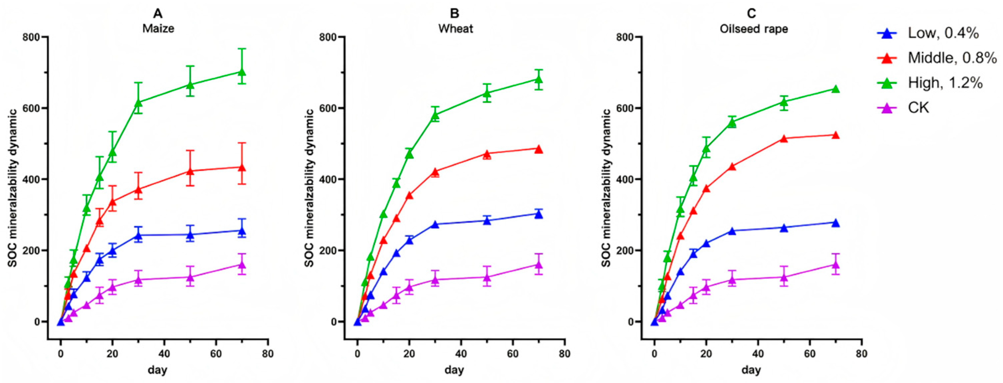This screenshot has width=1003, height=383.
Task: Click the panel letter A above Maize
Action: click(x=158, y=14)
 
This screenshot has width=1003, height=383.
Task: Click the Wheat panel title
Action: click(x=455, y=29)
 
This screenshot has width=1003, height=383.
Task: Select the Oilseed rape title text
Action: click(x=753, y=29)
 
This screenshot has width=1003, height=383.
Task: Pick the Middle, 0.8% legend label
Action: click(x=952, y=58)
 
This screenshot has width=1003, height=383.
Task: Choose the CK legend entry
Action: click(x=919, y=107)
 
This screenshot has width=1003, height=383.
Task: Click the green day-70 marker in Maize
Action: click(x=242, y=72)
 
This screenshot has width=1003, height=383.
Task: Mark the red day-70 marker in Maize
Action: click(x=242, y=167)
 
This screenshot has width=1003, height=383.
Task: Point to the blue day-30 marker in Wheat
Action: click(x=435, y=224)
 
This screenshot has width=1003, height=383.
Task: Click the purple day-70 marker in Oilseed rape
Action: click(x=835, y=265)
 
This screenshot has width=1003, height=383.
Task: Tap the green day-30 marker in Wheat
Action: click(x=435, y=115)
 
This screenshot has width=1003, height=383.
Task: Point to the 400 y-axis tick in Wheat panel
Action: click(x=331, y=179)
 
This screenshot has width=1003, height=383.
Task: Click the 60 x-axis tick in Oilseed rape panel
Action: click(x=810, y=354)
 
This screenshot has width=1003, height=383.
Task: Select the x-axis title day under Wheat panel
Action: click(x=454, y=369)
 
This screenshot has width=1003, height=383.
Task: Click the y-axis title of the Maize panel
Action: click(x=13, y=188)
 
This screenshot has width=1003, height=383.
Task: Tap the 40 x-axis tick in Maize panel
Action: click(x=164, y=354)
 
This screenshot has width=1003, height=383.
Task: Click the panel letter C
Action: click(x=751, y=14)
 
